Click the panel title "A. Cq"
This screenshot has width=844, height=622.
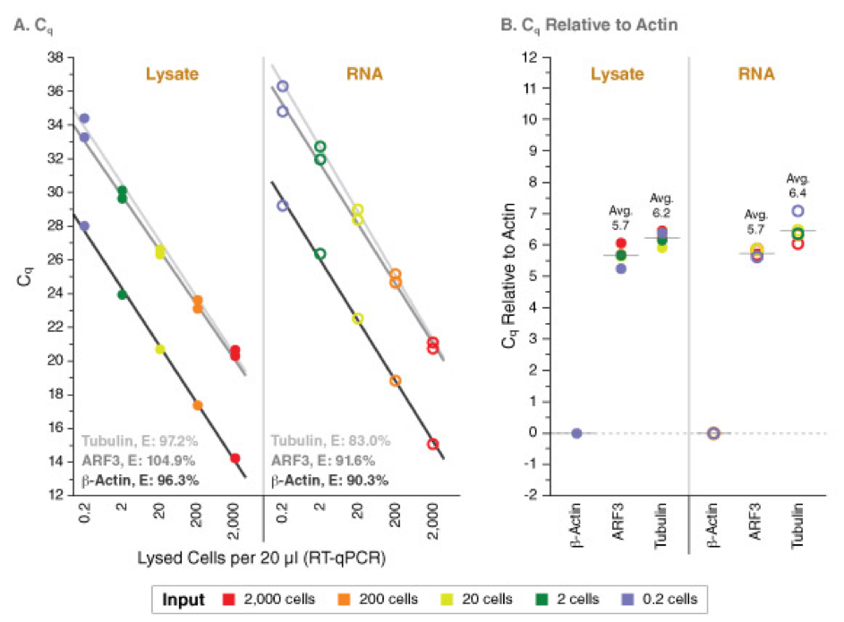click(35, 26)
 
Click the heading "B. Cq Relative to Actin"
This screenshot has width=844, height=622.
click(587, 26)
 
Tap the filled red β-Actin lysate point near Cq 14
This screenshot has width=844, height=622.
click(235, 458)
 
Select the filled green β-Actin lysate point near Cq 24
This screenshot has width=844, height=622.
click(122, 294)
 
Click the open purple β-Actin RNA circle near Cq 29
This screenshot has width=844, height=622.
click(283, 206)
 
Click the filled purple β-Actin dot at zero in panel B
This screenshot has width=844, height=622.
click(576, 433)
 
